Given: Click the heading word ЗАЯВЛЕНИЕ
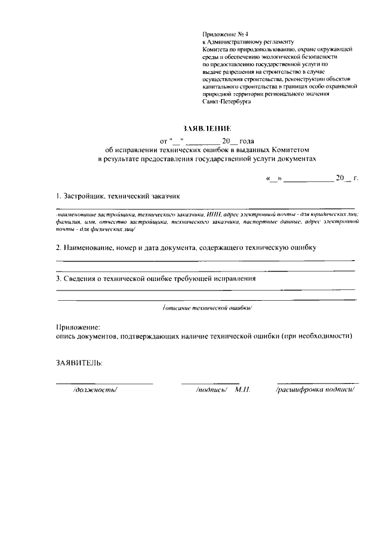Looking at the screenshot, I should pos(208,128).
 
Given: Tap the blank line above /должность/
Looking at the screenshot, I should pos(104,382).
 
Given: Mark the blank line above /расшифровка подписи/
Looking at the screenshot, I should pos(318,382).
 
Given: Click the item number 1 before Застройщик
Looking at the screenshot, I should pos(57,196).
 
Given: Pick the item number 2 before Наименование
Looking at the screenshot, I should pos(58,247).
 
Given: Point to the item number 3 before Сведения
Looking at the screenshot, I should pos(58,279).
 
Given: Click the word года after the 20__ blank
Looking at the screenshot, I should pos(247,141).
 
